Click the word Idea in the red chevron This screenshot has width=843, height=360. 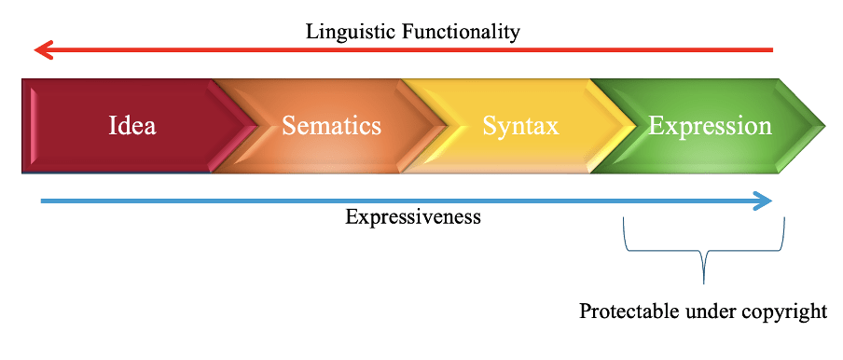pyautogui.click(x=132, y=126)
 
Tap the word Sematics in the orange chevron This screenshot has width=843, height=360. pyautogui.click(x=332, y=126)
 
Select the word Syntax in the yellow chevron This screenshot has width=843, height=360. pyautogui.click(x=520, y=127)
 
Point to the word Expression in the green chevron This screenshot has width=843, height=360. pyautogui.click(x=711, y=127)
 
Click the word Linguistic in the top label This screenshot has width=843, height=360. pyautogui.click(x=352, y=32)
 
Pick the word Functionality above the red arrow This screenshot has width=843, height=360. pyautogui.click(x=461, y=32)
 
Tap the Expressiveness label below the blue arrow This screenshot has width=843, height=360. pyautogui.click(x=413, y=217)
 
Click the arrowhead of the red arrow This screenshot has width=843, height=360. pyautogui.click(x=43, y=50)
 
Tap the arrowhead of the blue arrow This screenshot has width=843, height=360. pyautogui.click(x=763, y=201)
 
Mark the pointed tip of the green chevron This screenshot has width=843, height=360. pyautogui.click(x=824, y=126)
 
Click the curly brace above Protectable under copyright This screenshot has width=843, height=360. pyautogui.click(x=704, y=251)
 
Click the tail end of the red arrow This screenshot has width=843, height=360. pyautogui.click(x=772, y=50)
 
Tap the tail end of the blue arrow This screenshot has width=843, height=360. pyautogui.click(x=42, y=201)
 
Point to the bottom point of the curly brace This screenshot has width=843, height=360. pyautogui.click(x=704, y=283)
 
